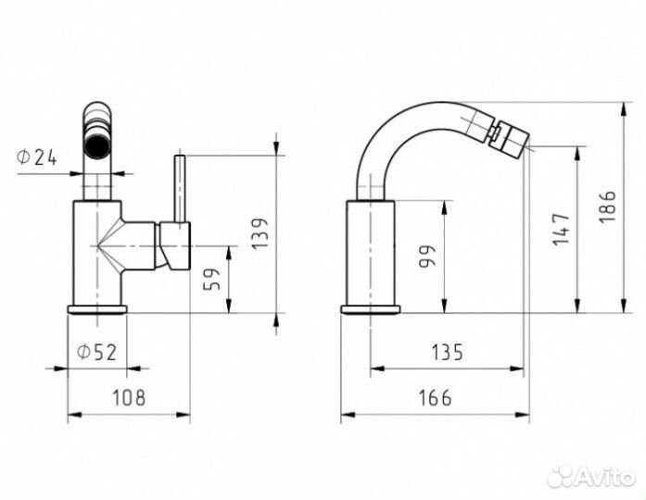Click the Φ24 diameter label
[36, 157]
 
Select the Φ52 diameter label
[96, 352]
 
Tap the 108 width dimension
[129, 397]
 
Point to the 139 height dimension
[260, 233]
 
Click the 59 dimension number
[212, 279]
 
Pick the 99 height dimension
[427, 256]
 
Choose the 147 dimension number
[561, 230]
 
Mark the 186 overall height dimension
[607, 206]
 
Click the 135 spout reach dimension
[448, 352]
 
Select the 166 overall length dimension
[435, 397]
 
